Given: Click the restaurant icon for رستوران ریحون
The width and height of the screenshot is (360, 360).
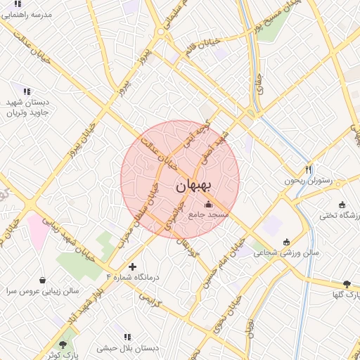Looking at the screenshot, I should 308,169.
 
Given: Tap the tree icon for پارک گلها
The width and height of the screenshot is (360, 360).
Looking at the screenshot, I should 347,284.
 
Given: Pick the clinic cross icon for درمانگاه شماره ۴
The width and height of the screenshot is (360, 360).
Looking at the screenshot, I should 132,266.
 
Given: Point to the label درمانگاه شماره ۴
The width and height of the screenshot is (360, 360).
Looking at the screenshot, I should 133,277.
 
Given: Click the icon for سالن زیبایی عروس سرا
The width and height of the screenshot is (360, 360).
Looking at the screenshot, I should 44,280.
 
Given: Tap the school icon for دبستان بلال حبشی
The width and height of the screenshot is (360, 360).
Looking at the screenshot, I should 127,337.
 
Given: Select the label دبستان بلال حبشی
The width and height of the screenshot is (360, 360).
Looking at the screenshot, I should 127,348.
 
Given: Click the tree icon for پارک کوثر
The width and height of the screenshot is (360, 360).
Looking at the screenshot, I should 63,345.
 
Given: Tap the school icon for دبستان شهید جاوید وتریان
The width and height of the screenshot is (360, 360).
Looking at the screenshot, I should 27,91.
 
